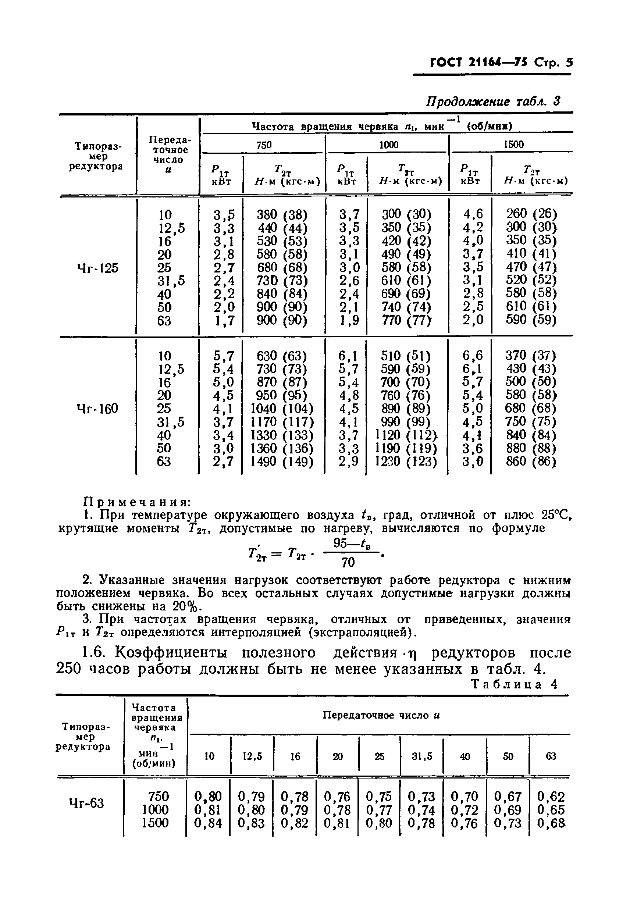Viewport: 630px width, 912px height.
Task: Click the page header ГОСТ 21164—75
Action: [x=480, y=63]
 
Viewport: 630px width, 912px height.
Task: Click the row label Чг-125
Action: [x=97, y=268]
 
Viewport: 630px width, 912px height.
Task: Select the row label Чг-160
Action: [x=97, y=409]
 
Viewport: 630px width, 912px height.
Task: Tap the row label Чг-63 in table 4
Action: [x=86, y=803]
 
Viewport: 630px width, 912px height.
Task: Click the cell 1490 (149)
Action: [x=282, y=461]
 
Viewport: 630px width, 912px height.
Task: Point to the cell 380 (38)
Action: [x=282, y=215]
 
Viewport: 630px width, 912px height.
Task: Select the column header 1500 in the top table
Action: [x=513, y=145]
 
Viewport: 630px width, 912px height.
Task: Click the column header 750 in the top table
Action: [x=264, y=145]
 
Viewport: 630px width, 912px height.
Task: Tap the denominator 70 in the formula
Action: [x=348, y=562]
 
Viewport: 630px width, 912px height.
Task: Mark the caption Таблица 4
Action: [x=515, y=684]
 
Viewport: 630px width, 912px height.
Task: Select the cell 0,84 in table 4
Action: [x=208, y=823]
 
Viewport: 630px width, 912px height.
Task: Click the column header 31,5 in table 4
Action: [x=422, y=756]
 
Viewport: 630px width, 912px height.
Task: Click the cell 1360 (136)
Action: [x=282, y=448]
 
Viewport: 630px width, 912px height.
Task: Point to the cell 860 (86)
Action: [x=531, y=461]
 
